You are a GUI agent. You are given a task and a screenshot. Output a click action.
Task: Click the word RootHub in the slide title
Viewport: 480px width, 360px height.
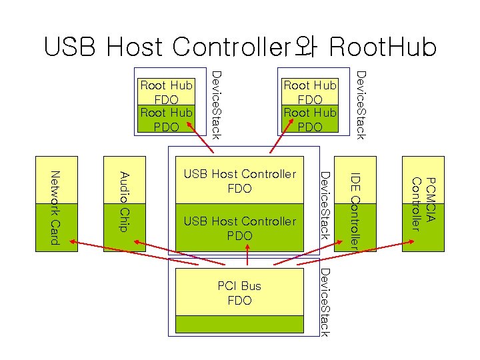(383, 47)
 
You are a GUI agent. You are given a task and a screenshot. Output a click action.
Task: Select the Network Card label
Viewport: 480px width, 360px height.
(56, 207)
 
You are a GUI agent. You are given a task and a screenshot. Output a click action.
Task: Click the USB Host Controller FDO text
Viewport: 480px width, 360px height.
(239, 181)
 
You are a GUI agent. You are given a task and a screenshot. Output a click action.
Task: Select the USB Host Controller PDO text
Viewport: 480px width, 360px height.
(239, 228)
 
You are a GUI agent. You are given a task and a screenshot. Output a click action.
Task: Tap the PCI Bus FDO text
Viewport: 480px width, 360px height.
(239, 293)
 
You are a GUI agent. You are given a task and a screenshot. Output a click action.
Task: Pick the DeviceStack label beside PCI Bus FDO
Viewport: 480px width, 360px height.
(324, 301)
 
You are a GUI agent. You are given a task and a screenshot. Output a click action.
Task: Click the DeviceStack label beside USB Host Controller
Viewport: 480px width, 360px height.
(324, 205)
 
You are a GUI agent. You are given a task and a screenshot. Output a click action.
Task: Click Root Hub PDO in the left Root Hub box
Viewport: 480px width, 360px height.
(166, 119)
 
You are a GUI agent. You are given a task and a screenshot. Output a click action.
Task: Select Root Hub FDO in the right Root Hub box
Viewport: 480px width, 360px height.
(310, 92)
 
